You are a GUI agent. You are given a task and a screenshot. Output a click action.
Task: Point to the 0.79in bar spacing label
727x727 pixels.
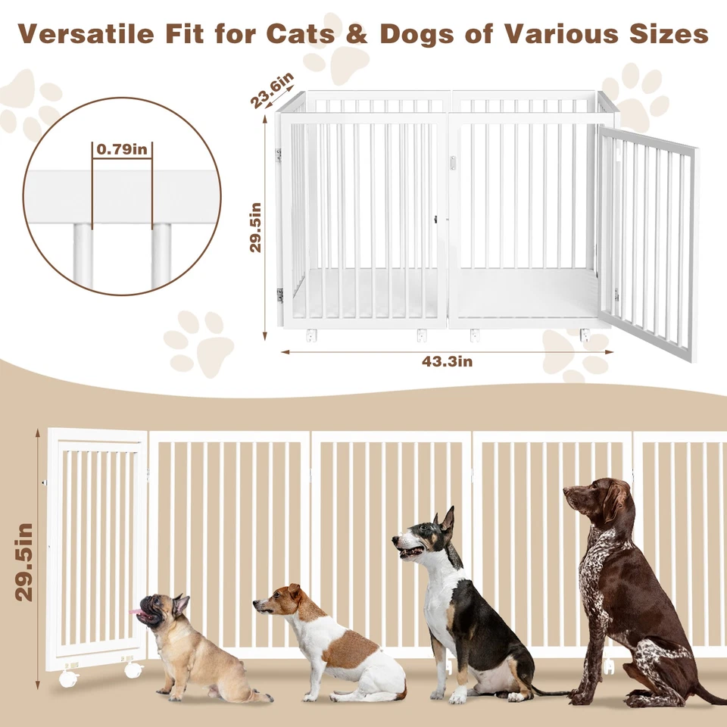tap(121, 149)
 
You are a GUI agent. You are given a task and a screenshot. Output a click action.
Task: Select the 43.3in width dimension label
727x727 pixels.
tap(448, 362)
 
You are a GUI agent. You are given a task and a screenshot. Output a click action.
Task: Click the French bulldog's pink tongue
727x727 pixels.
tap(136, 610)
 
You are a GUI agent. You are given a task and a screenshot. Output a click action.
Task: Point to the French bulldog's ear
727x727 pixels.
tap(180, 604)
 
